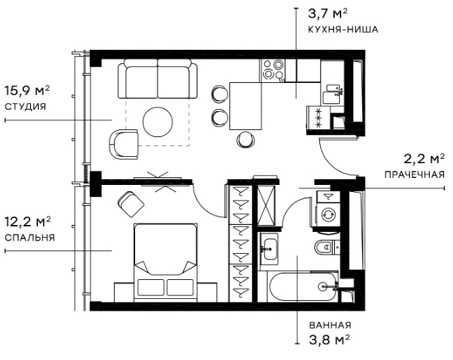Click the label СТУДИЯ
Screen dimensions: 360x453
(x=25, y=107)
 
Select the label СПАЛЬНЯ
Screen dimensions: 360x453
(x=29, y=238)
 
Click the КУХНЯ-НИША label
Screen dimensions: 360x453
(x=343, y=30)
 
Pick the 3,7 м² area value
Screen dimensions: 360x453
(x=326, y=13)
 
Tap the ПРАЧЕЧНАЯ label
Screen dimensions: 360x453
(x=415, y=174)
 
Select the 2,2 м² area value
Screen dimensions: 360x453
(x=424, y=157)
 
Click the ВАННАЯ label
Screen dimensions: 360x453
(x=329, y=326)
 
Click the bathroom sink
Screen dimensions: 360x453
(x=270, y=247)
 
